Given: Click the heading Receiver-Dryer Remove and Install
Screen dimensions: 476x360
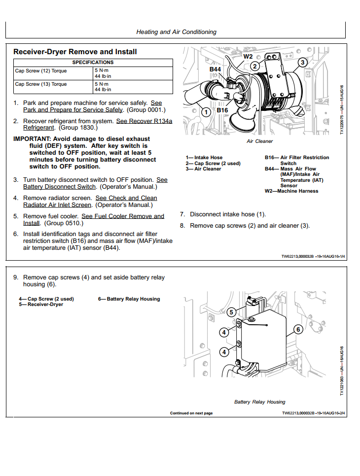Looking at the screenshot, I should click(x=75, y=52).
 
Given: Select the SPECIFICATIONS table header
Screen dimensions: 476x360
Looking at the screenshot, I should click(x=93, y=63).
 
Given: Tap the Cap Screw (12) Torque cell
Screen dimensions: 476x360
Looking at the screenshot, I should click(x=41, y=71).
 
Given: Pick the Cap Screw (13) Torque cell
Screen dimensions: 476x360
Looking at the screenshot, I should click(x=41, y=84).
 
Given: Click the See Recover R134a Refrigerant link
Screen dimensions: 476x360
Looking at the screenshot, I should click(x=144, y=121).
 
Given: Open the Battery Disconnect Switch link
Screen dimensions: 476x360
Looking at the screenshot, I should click(x=59, y=187).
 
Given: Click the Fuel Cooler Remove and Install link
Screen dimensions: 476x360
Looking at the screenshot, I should click(x=123, y=216).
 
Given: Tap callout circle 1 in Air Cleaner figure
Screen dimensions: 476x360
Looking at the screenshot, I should click(x=206, y=112).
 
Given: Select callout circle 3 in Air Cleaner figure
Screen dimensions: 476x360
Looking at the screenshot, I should click(x=302, y=63).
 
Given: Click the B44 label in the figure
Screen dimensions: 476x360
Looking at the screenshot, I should click(x=216, y=69).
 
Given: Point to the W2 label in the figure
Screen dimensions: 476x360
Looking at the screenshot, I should click(x=248, y=57).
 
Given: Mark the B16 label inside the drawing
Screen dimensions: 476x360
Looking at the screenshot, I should click(x=222, y=110).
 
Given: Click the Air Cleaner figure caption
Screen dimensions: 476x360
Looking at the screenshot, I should click(x=259, y=141).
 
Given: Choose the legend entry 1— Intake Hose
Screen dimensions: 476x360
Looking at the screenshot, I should click(x=204, y=158).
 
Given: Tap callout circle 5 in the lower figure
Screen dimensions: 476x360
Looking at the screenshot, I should click(x=231, y=312).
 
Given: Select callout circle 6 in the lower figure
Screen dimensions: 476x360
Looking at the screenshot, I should click(x=297, y=329).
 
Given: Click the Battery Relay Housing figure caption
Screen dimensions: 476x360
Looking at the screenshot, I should click(x=259, y=402).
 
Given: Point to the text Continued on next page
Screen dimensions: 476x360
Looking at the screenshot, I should click(x=191, y=413).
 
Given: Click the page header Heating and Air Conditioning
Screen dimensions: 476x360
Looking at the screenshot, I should click(x=176, y=32).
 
